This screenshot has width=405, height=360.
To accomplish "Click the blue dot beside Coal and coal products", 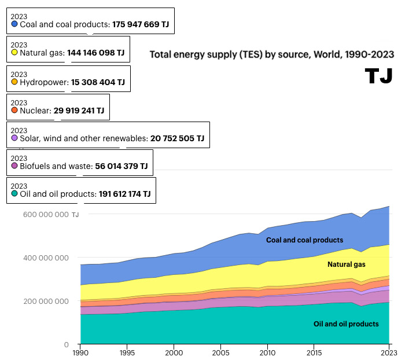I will [x=14, y=24].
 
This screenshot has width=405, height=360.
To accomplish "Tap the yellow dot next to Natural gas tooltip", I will [x=14, y=52].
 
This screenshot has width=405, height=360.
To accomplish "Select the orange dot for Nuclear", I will [x=14, y=110].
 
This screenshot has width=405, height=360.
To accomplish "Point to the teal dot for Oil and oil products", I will [x=14, y=193].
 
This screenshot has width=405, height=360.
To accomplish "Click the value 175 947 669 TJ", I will [x=141, y=25].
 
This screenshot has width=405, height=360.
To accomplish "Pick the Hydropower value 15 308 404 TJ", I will [x=98, y=83].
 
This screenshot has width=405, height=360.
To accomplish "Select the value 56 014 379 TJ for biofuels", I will [x=122, y=166].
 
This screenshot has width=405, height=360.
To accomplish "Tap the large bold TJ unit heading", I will [x=380, y=76].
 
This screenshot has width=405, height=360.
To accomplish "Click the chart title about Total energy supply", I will [x=272, y=54].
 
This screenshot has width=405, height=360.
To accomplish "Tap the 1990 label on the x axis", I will [x=80, y=352].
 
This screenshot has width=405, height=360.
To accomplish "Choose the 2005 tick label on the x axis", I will [x=220, y=352].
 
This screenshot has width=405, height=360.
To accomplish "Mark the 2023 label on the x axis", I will [x=389, y=352].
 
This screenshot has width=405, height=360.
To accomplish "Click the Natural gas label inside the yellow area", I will [x=347, y=265].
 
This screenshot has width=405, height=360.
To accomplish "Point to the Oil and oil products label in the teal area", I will [x=346, y=324].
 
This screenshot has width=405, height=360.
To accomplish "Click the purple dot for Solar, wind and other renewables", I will [x=14, y=138].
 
